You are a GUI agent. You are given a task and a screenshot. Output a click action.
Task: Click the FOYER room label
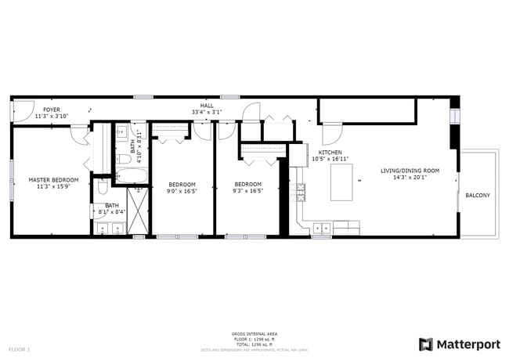click(52, 110)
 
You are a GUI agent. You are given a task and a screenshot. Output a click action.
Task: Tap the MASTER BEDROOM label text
click(53, 180)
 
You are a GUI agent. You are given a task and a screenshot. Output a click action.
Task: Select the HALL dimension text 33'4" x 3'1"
click(207, 112)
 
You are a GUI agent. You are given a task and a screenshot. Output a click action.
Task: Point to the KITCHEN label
click(330, 152)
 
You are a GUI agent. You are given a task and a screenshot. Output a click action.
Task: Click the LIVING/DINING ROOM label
click(410, 170)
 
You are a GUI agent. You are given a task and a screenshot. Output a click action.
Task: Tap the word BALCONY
click(478, 195)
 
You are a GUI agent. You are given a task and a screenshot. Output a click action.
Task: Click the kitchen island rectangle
click(341, 182)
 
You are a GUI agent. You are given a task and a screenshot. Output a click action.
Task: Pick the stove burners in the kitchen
click(300, 190)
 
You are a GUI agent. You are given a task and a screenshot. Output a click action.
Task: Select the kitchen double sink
click(322, 229)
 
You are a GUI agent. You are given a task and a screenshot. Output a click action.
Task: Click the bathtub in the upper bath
click(124, 160)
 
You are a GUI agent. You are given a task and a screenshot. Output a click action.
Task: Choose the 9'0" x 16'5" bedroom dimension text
click(182, 190)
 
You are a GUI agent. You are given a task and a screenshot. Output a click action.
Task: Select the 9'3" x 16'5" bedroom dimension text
click(247, 190)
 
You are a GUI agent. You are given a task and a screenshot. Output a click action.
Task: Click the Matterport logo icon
click(426, 344)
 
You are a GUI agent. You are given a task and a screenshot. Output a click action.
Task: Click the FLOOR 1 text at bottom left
click(20, 348)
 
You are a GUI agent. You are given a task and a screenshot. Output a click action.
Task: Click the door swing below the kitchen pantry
click(331, 132)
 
